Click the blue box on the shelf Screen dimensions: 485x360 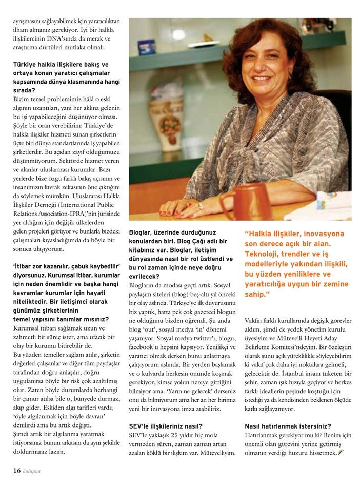pos(146,47)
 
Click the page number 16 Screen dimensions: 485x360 pos(16,470)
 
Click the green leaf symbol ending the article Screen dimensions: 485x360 pos(340,453)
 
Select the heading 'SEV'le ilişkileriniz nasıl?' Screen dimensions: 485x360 pos(166,426)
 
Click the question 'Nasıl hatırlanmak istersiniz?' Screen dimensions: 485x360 pos(288,426)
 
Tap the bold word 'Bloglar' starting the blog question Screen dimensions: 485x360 pos(142,232)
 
